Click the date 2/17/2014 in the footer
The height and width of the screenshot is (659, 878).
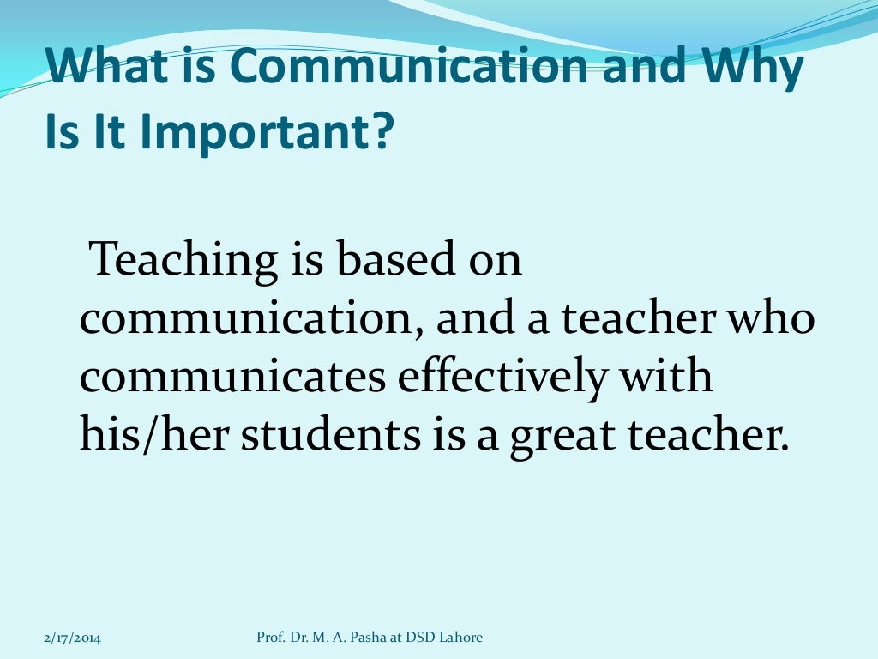click(x=72, y=638)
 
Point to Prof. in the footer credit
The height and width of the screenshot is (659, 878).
click(x=270, y=637)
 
